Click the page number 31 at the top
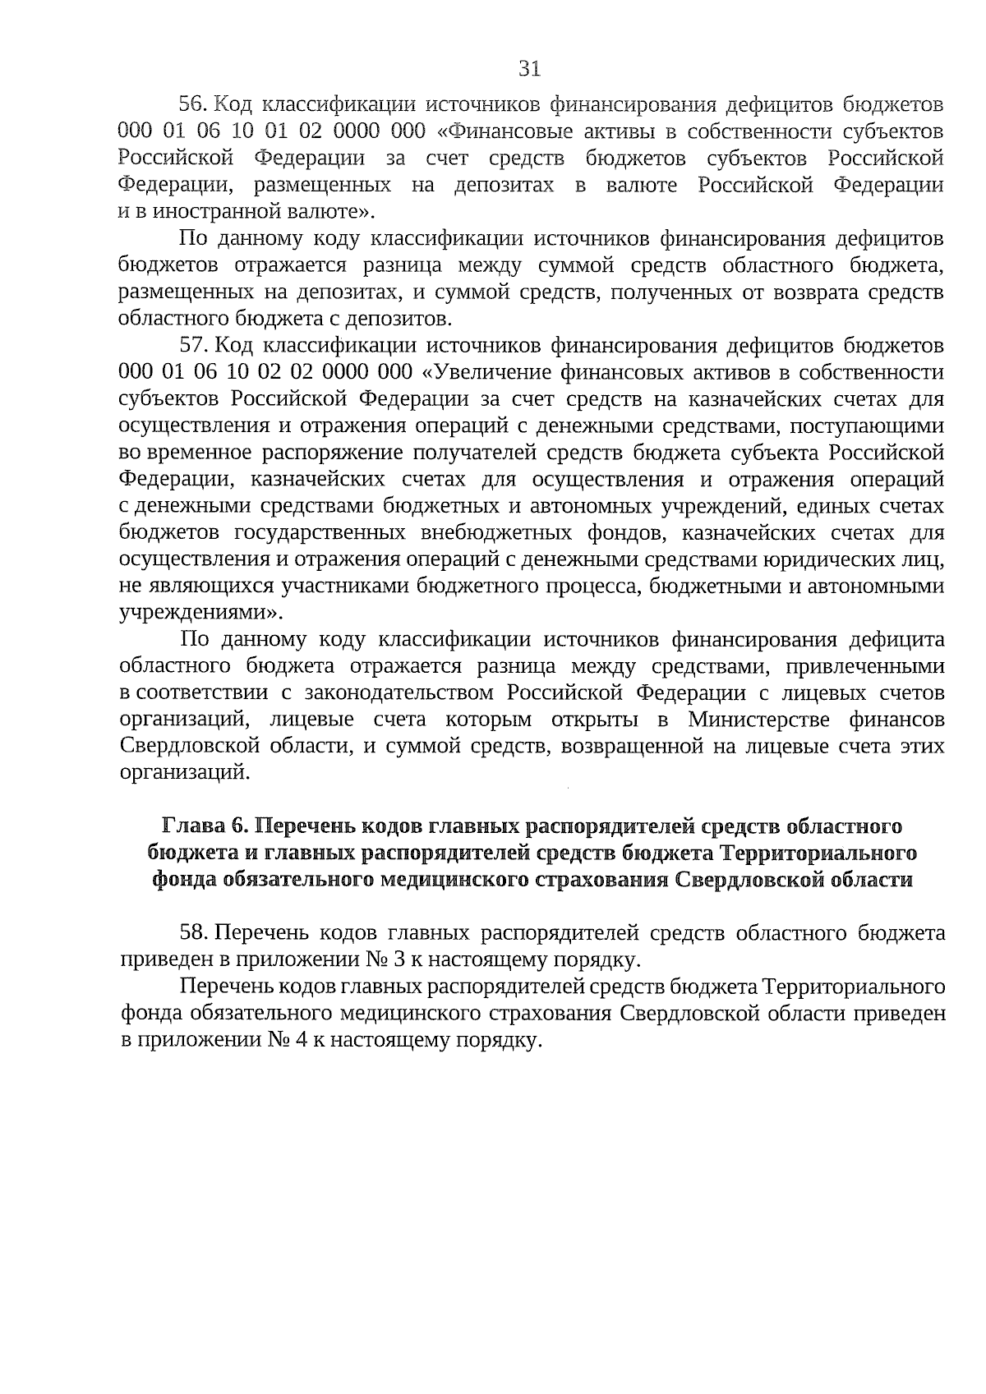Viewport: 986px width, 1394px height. [x=530, y=69]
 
